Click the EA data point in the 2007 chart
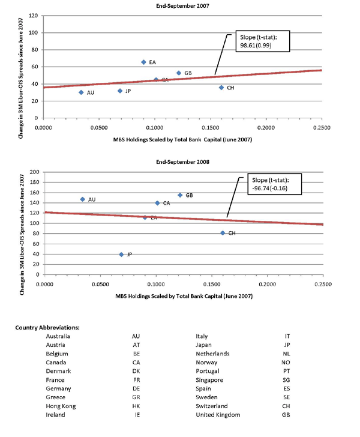pos(143,62)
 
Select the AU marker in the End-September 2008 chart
pos(82,199)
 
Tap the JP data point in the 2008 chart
pos(121,255)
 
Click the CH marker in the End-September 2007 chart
pos(221,88)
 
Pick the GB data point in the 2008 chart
pos(179,195)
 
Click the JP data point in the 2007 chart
pos(120,91)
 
